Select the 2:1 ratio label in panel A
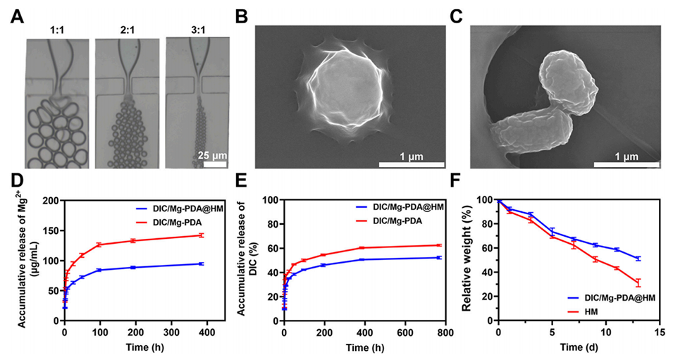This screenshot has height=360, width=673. tap(126, 32)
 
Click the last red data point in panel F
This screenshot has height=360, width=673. tap(638, 283)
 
